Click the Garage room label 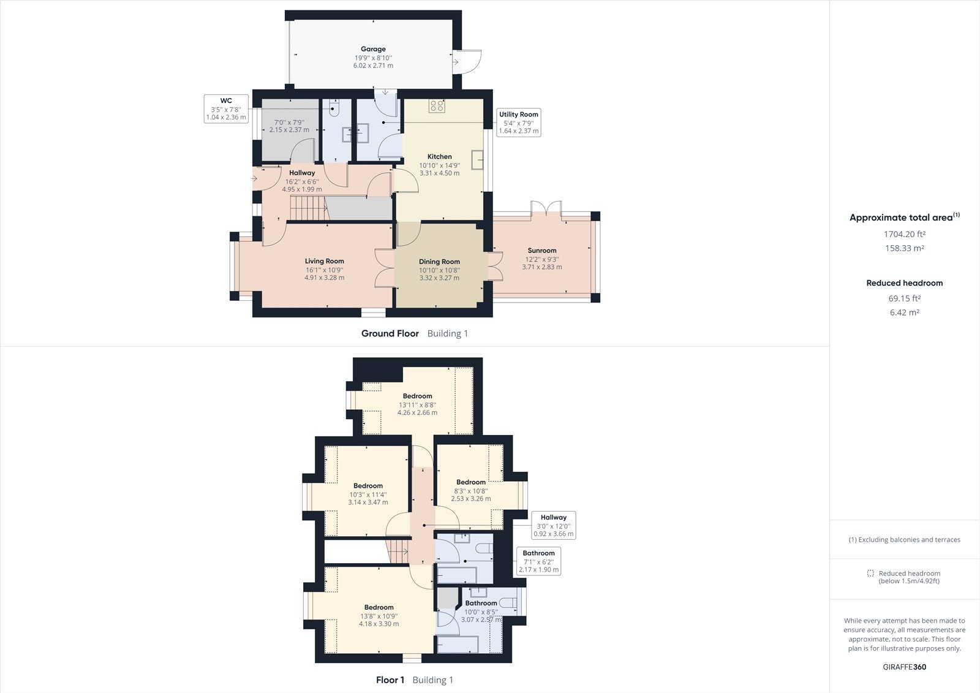coord(373,49)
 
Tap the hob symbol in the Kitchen coord(437,105)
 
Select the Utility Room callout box coord(518,123)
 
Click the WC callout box coord(226,109)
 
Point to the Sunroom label coord(542,251)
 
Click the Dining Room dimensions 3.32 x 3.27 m coord(439,278)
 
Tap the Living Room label coord(324,261)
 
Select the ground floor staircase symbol coord(306,208)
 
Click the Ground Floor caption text coord(390,333)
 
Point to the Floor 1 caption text coord(390,680)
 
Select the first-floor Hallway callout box coord(553,526)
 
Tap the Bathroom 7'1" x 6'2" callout coord(538,561)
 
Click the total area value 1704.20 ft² coord(904,234)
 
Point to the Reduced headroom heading coord(904,283)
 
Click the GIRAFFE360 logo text coord(904,667)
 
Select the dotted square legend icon coord(870,573)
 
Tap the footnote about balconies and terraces coord(904,540)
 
